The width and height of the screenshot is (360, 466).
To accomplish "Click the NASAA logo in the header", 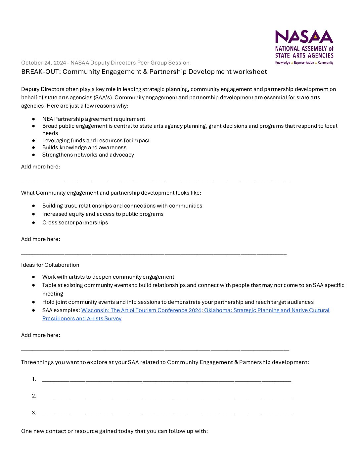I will pos(304,47).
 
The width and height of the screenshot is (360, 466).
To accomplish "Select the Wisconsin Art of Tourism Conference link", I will pos(141,310).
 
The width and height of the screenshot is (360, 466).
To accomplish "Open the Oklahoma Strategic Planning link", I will pos(267,310).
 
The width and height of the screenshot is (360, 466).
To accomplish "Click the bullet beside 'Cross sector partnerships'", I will pos(33,223).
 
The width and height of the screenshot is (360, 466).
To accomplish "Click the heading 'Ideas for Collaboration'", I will pos(50,265).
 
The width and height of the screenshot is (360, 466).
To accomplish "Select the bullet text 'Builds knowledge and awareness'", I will pos(84,148).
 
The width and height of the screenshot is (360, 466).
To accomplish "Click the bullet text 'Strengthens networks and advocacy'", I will pos(88,155).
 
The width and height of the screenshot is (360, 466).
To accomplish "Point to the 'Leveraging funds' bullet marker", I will pos(33,141).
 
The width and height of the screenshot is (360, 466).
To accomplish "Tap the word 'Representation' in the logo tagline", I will pos(304,63).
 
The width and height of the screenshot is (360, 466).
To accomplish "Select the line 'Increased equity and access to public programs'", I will pos(103,214).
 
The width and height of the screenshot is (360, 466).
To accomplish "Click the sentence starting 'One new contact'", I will pos(114,431).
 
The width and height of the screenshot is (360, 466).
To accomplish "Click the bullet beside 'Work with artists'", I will pos(33,277).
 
